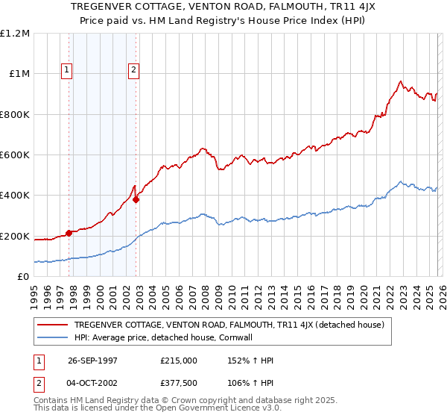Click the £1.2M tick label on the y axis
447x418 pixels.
pyautogui.click(x=14, y=34)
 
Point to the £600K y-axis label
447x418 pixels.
pyautogui.click(x=14, y=155)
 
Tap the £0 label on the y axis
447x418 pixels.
pyautogui.click(x=22, y=277)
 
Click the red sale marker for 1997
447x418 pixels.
pyautogui.click(x=69, y=233)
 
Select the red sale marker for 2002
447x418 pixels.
pyautogui.click(x=136, y=200)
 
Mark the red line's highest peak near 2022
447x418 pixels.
pyautogui.click(x=401, y=81)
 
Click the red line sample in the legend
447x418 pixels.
pyautogui.click(x=53, y=325)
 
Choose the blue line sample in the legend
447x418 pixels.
pyautogui.click(x=53, y=337)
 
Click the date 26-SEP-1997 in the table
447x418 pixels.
pyautogui.click(x=89, y=360)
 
